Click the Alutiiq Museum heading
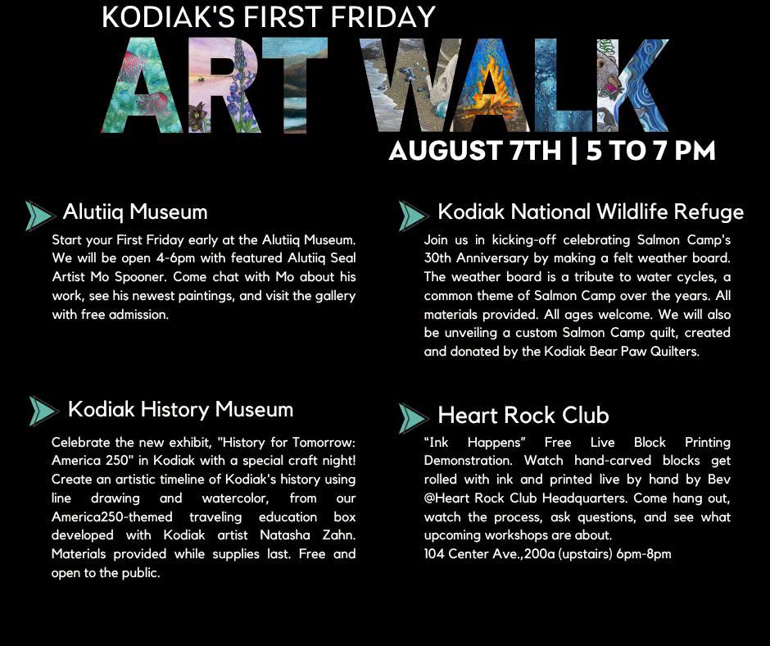coord(135,212)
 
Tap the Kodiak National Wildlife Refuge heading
coord(591,212)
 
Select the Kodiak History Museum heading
coord(180,410)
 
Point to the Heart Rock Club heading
coord(523,416)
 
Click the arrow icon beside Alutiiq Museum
coord(39,216)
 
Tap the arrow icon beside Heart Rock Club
coord(413,418)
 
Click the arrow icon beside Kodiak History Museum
coord(43,411)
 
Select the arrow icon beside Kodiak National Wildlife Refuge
coord(413,216)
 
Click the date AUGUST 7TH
coord(475,151)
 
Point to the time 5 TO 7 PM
coord(650,151)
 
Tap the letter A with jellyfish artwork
coord(142,85)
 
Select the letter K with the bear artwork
coord(633,85)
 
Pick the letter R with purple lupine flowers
coord(224,85)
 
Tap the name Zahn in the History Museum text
coord(339,535)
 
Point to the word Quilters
coord(675,352)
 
